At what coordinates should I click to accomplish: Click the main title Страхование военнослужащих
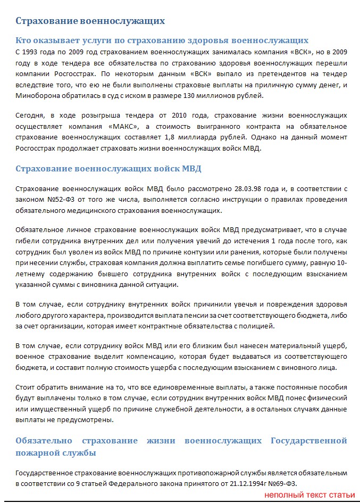(x=90, y=21)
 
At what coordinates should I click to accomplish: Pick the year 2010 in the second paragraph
(x=182, y=115)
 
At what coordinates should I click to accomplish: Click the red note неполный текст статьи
(x=309, y=495)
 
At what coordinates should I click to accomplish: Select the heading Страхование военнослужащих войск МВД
(x=108, y=169)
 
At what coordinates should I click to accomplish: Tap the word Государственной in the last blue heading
(x=308, y=441)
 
